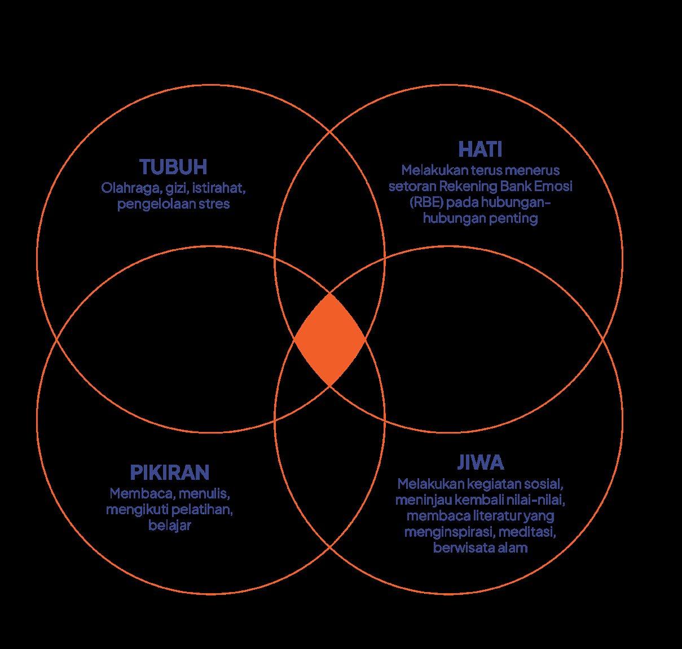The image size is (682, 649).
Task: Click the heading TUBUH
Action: tap(174, 167)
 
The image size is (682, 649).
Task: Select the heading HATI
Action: tap(480, 149)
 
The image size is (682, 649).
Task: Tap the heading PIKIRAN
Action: tap(170, 472)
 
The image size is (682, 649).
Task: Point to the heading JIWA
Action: tap(480, 462)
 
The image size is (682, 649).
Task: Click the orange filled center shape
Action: tap(329, 340)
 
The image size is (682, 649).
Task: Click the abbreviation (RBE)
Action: tap(426, 202)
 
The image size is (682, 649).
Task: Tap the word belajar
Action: tap(170, 526)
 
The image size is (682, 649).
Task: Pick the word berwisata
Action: tap(460, 548)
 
